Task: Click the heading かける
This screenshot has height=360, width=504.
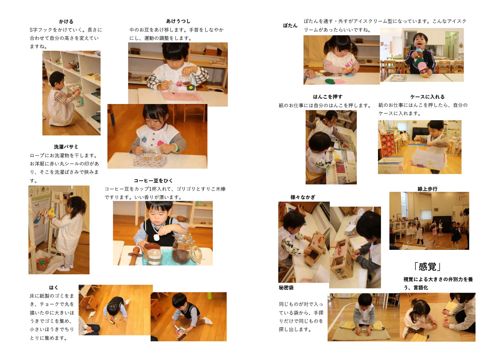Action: point(66,22)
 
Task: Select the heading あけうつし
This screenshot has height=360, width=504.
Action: point(178,21)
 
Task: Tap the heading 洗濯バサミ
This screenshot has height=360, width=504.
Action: point(66,147)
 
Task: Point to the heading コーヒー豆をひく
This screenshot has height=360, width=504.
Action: point(153,181)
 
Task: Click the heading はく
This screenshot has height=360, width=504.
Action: point(54,288)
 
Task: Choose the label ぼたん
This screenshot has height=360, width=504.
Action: point(290,26)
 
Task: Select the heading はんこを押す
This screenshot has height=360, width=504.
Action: point(328,97)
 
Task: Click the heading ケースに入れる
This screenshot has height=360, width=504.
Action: point(427,97)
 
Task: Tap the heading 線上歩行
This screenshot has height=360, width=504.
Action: point(427,189)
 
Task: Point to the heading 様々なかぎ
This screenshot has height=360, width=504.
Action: point(303,197)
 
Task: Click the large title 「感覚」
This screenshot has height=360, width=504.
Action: point(427,267)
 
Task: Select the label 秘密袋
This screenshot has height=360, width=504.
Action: point(286,288)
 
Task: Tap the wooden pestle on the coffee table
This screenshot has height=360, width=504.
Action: point(135,255)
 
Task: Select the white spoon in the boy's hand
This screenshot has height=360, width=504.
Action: point(156,237)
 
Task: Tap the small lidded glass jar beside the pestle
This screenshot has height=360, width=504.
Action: point(154,257)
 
